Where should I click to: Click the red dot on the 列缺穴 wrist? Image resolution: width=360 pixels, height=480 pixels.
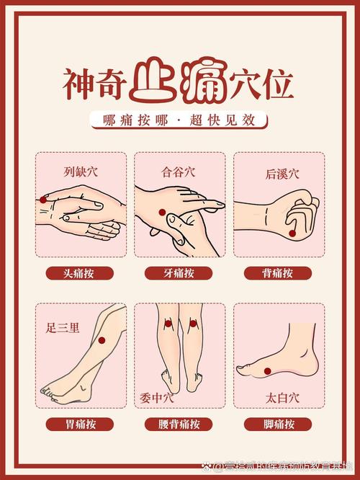(44, 199)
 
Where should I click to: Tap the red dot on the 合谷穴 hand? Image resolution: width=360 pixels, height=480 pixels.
(163, 212)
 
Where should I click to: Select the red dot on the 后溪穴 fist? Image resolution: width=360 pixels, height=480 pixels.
(292, 233)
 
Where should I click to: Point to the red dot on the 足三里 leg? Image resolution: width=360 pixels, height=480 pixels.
(102, 340)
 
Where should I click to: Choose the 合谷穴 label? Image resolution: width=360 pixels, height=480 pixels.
(179, 172)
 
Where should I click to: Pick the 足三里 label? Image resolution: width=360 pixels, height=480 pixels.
(63, 328)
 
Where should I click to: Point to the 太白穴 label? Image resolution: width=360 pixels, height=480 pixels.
(278, 396)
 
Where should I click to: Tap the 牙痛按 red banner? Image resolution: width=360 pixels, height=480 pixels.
(179, 273)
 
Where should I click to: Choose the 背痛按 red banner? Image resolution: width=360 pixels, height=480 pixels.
(278, 273)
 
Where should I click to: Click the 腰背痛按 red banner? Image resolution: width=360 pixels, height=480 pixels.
(179, 425)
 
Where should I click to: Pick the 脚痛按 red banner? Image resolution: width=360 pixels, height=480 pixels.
(278, 425)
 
